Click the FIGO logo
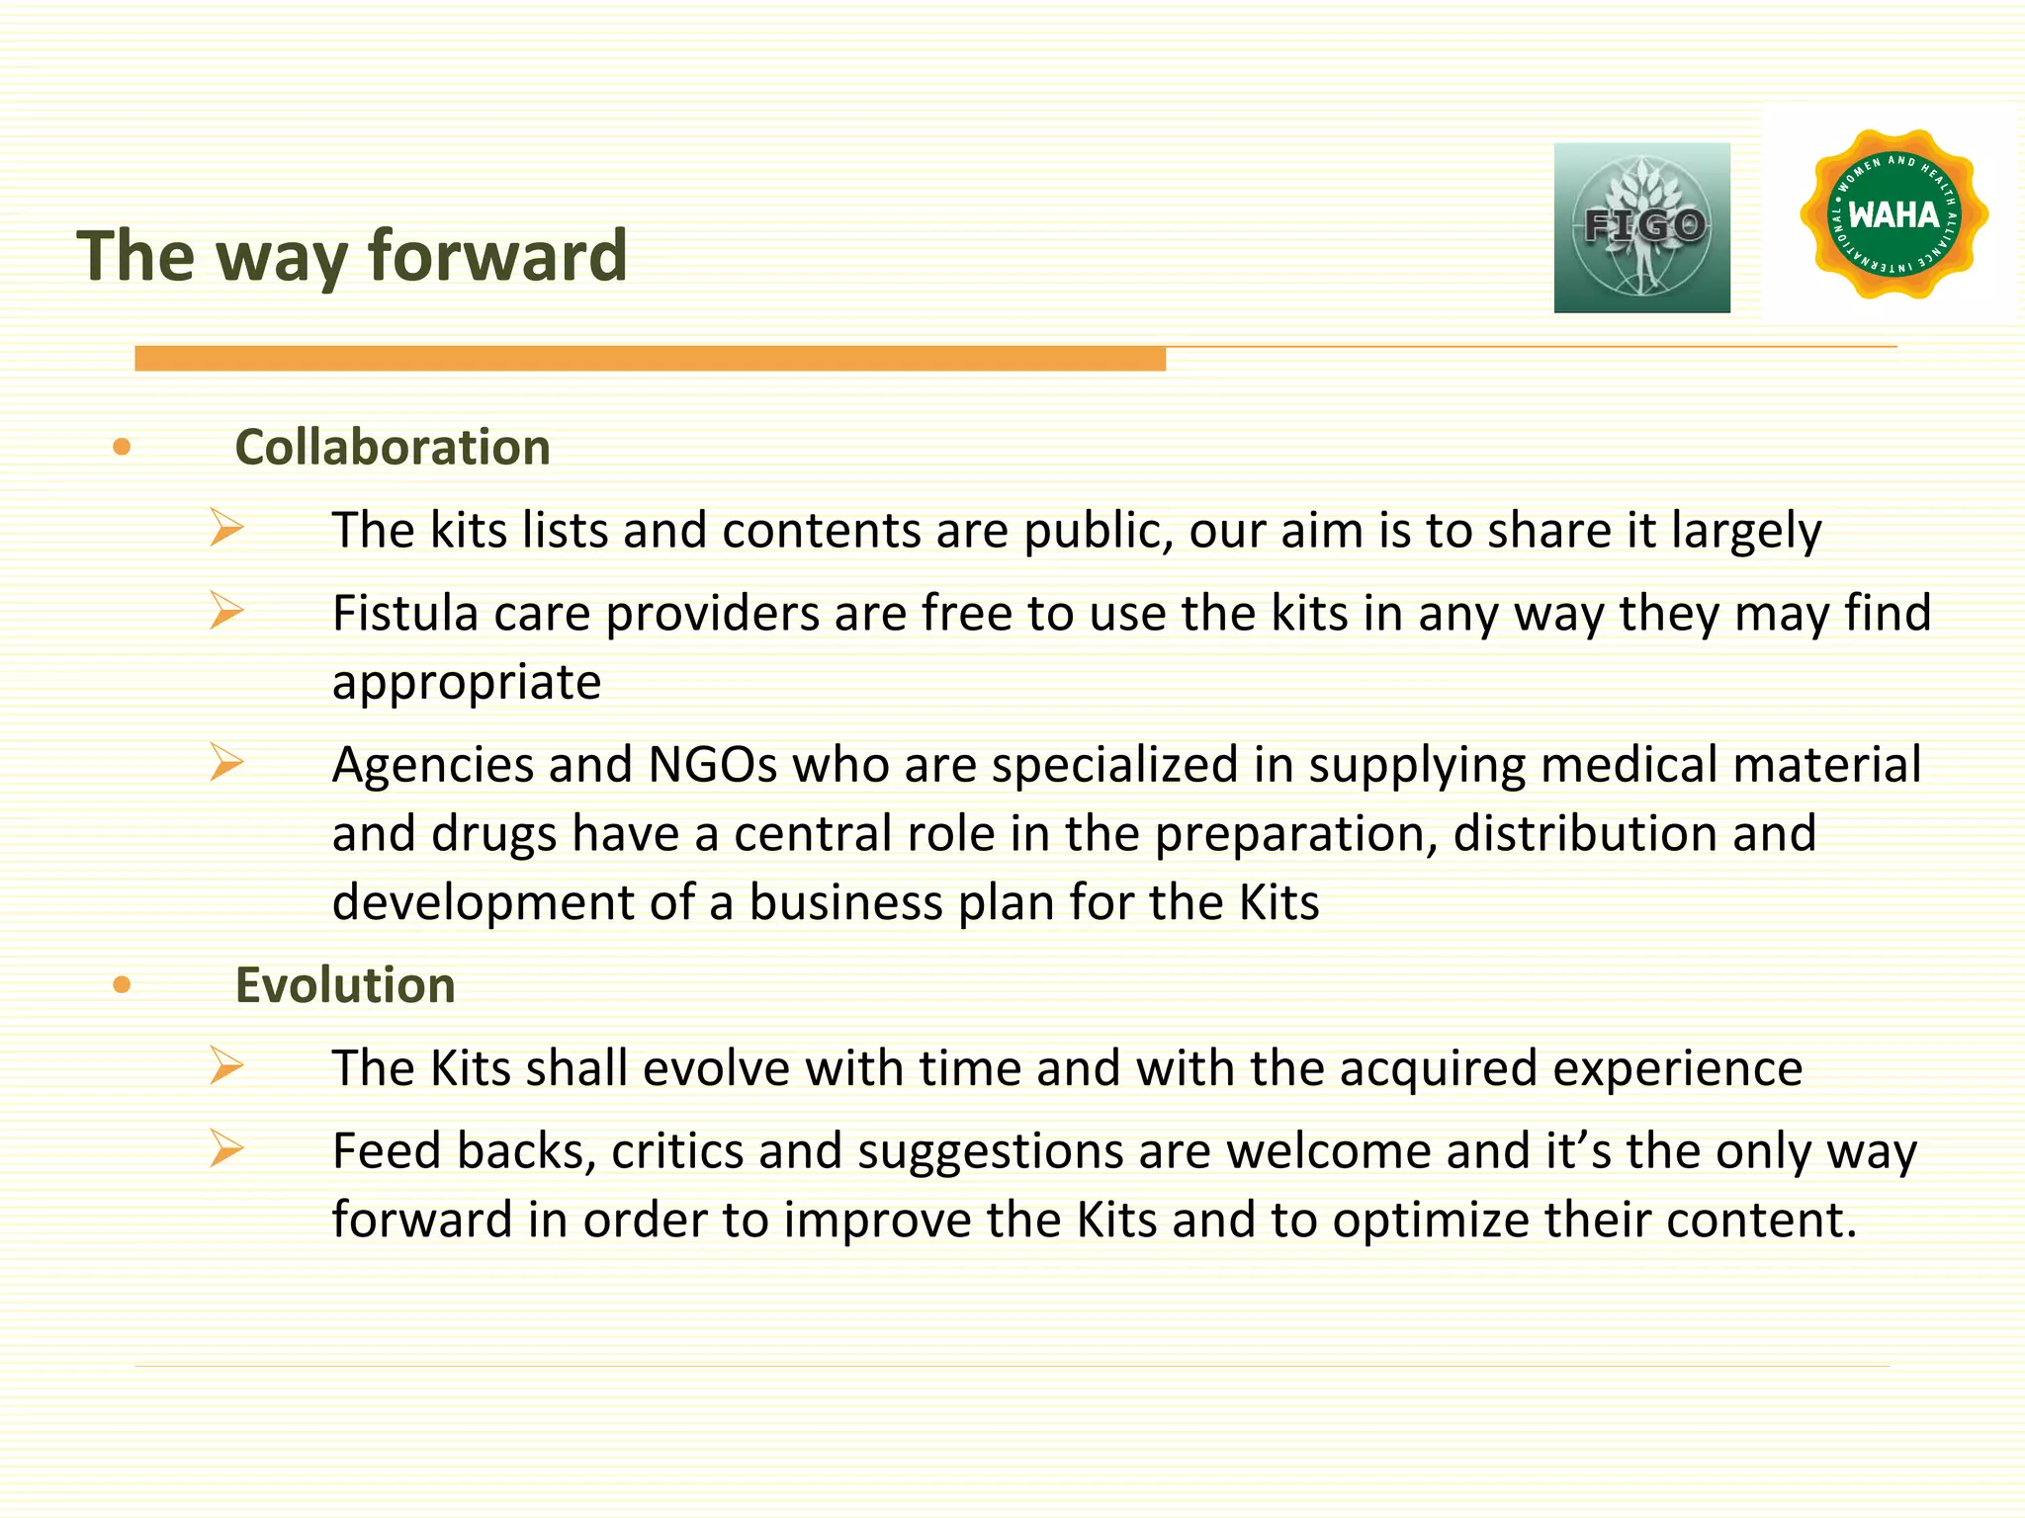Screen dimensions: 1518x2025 pyautogui.click(x=1641, y=227)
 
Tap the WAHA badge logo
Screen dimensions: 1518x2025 pyautogui.click(x=1893, y=214)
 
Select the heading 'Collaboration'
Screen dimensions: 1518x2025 pyautogui.click(x=393, y=448)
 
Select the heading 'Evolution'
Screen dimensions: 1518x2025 pyautogui.click(x=345, y=985)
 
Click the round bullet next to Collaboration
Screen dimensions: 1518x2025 pyautogui.click(x=122, y=448)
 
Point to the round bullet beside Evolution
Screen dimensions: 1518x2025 pyautogui.click(x=122, y=984)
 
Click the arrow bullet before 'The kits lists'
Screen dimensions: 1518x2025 pyautogui.click(x=226, y=528)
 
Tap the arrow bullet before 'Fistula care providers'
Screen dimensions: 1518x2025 pyautogui.click(x=226, y=611)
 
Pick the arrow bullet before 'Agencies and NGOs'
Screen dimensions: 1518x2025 pyautogui.click(x=226, y=762)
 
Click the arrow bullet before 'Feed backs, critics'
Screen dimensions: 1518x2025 pyautogui.click(x=226, y=1148)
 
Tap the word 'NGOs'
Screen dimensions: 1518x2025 pyautogui.click(x=712, y=765)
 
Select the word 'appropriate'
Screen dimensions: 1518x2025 pyautogui.click(x=467, y=683)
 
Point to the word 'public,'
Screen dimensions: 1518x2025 pyautogui.click(x=1098, y=532)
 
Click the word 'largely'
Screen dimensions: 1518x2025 pyautogui.click(x=1746, y=532)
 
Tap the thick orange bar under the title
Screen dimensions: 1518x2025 pyautogui.click(x=650, y=359)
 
